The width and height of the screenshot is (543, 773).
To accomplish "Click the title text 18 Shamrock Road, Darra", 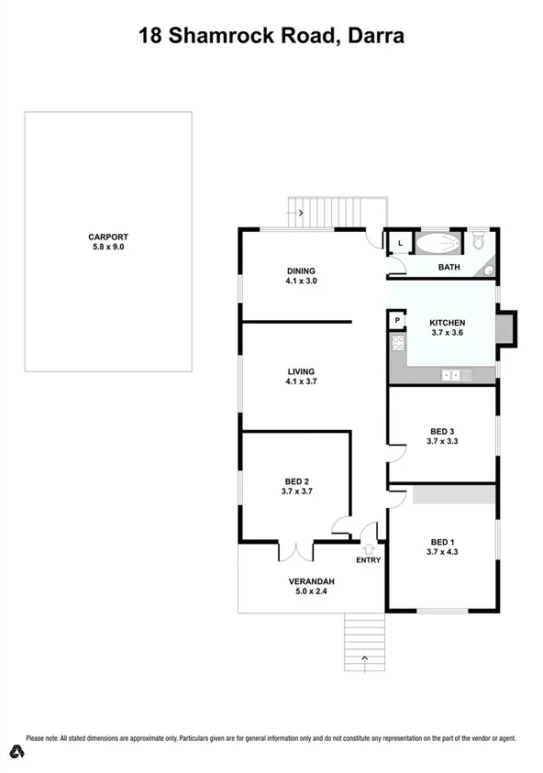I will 271,36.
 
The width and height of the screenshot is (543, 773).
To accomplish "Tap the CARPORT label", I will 107,236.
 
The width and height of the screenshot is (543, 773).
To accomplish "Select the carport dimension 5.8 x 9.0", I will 107,247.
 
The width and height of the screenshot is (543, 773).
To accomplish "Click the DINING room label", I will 301,271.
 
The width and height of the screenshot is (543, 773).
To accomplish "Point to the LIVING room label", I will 301,370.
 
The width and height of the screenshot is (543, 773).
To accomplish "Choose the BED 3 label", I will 442,430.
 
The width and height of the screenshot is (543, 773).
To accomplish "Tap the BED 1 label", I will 442,541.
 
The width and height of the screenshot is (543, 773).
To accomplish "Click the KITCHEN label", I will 449,323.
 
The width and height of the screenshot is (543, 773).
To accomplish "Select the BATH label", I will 449,268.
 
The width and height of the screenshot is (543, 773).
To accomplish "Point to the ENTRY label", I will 368,560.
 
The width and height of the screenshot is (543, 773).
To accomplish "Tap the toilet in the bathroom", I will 478,241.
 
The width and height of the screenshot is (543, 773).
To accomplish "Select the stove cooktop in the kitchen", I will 398,344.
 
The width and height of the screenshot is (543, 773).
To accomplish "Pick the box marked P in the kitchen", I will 397,321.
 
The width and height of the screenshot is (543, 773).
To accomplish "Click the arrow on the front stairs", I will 364,657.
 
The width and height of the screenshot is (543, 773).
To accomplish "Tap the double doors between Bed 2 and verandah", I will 296,550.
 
